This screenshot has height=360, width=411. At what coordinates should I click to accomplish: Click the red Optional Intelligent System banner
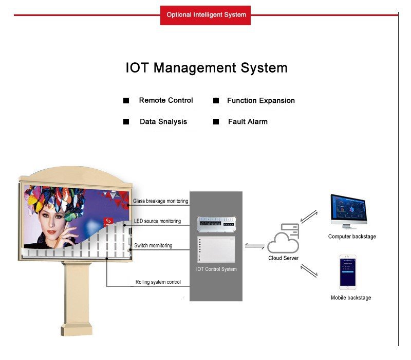(x=205, y=15)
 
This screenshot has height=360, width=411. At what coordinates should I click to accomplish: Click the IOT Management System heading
(x=207, y=68)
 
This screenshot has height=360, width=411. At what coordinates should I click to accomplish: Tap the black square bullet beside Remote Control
(x=126, y=100)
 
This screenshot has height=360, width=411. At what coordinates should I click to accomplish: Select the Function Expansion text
(x=261, y=100)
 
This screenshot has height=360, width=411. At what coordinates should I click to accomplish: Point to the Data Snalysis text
(x=163, y=121)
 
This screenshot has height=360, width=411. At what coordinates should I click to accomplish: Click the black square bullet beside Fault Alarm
(x=216, y=121)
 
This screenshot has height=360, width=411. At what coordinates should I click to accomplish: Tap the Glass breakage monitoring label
(x=160, y=201)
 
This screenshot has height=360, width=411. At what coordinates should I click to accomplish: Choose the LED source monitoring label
(x=157, y=221)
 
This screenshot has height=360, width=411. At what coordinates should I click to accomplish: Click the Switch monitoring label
(x=153, y=246)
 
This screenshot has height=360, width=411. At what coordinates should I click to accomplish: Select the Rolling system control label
(x=158, y=282)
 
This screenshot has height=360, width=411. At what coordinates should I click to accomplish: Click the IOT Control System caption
(x=216, y=269)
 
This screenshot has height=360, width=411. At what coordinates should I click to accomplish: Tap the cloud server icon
(x=283, y=238)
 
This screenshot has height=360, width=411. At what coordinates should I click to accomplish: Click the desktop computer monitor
(x=349, y=211)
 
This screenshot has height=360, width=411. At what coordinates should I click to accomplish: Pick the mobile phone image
(x=348, y=272)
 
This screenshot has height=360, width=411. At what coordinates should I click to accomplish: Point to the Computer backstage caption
(x=352, y=237)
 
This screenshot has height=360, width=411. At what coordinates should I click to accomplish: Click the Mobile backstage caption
(x=351, y=298)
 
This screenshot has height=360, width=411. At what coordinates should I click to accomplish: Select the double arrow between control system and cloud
(x=254, y=246)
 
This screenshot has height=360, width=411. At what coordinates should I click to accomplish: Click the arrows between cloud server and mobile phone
(x=309, y=271)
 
